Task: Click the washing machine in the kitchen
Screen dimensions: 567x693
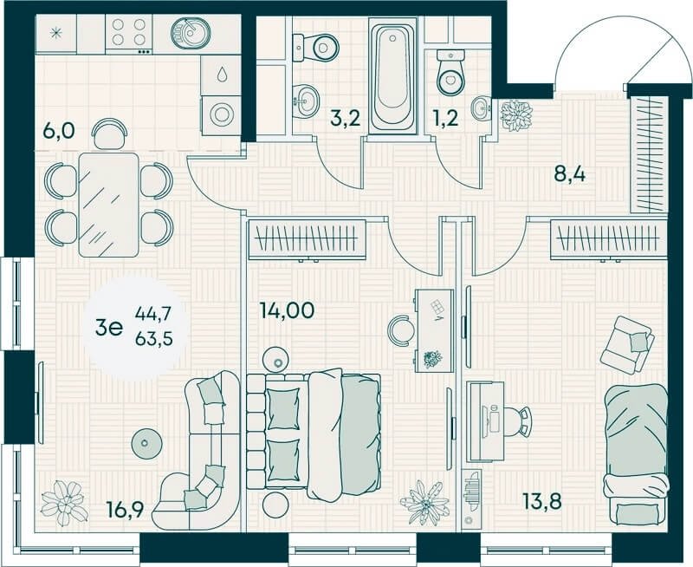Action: (222, 113)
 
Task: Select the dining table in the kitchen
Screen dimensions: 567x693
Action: (109, 205)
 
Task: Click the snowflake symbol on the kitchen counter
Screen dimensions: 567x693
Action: (57, 35)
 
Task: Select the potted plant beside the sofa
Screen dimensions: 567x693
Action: (63, 500)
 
